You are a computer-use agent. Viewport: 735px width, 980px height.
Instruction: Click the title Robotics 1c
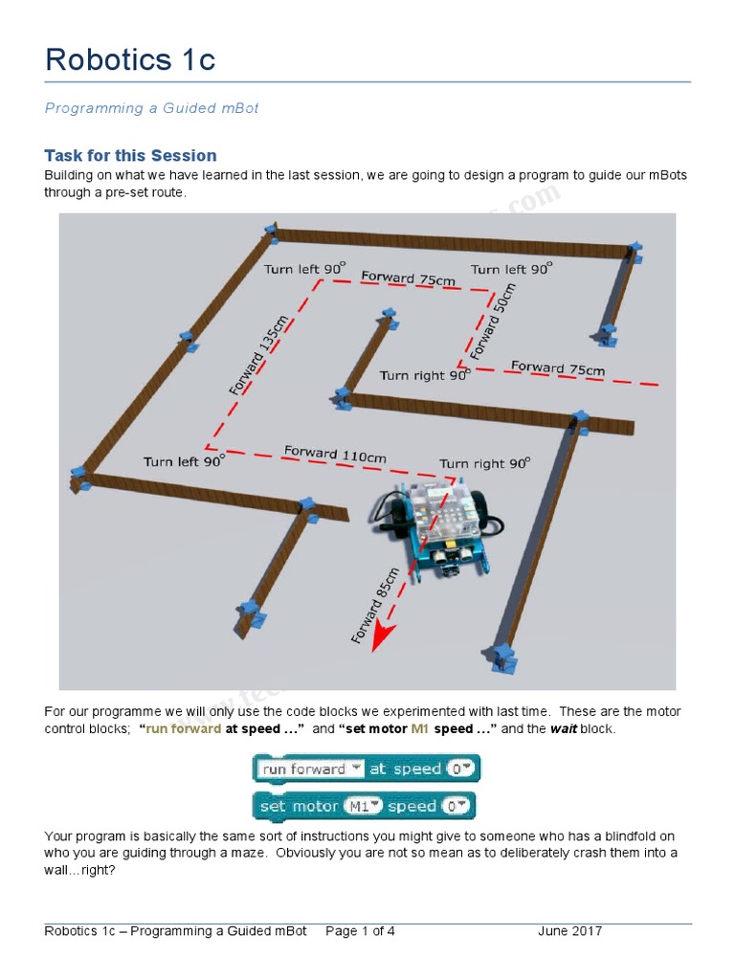pyautogui.click(x=130, y=59)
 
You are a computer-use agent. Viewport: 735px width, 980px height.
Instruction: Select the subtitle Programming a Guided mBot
pyautogui.click(x=151, y=108)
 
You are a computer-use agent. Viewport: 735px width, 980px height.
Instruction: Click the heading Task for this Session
pyautogui.click(x=130, y=155)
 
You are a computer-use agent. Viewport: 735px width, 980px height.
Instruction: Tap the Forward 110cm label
pyautogui.click(x=335, y=454)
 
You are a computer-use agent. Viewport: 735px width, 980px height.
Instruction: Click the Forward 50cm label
pyautogui.click(x=493, y=322)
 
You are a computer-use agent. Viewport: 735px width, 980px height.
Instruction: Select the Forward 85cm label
pyautogui.click(x=375, y=605)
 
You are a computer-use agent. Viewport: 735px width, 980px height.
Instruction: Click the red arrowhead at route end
pyautogui.click(x=381, y=636)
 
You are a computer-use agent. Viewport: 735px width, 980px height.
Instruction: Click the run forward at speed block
pyautogui.click(x=366, y=768)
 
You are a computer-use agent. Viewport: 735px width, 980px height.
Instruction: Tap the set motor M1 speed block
pyautogui.click(x=364, y=806)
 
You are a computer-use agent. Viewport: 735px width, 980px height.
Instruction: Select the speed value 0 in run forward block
pyautogui.click(x=461, y=768)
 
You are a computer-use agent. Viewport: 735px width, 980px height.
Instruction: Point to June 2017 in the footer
pyautogui.click(x=569, y=931)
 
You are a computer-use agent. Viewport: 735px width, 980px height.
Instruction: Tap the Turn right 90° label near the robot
pyautogui.click(x=484, y=463)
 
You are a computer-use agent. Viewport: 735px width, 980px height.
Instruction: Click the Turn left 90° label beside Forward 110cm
pyautogui.click(x=185, y=461)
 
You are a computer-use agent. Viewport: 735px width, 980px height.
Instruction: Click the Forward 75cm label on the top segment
pyautogui.click(x=409, y=278)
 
